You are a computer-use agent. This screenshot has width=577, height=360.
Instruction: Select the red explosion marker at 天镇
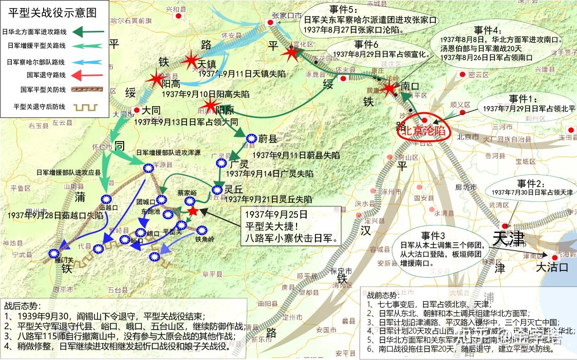(x=191, y=60)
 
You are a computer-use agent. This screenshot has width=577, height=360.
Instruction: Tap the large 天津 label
(x=508, y=239)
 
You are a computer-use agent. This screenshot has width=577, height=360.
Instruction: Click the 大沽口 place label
(x=551, y=268)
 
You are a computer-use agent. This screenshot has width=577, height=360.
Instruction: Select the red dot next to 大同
(x=136, y=110)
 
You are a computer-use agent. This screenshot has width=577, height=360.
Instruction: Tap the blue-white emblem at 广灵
(x=221, y=163)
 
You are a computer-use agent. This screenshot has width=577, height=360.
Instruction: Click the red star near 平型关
(x=193, y=212)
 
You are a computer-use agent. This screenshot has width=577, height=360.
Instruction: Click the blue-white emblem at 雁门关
(x=53, y=253)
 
